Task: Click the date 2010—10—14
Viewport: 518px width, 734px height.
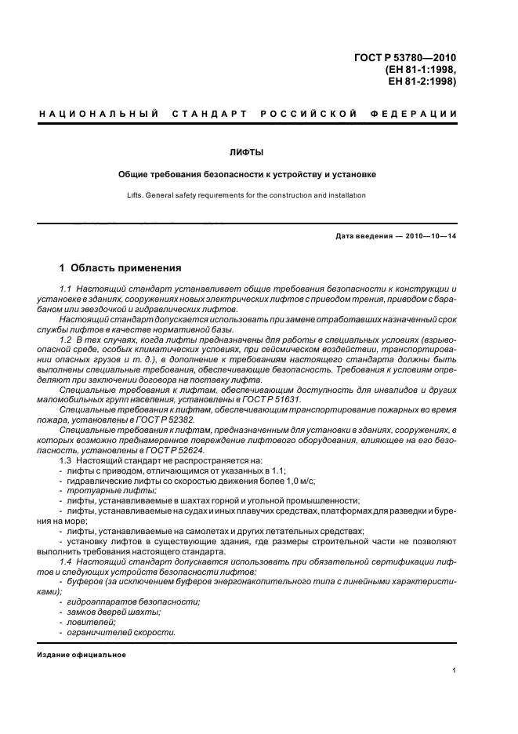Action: [x=429, y=236]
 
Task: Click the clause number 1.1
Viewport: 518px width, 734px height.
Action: [x=66, y=290]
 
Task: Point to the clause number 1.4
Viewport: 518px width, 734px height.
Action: [x=66, y=564]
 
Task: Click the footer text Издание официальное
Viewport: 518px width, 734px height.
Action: [x=82, y=655]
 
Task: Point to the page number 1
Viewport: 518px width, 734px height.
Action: [x=455, y=670]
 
